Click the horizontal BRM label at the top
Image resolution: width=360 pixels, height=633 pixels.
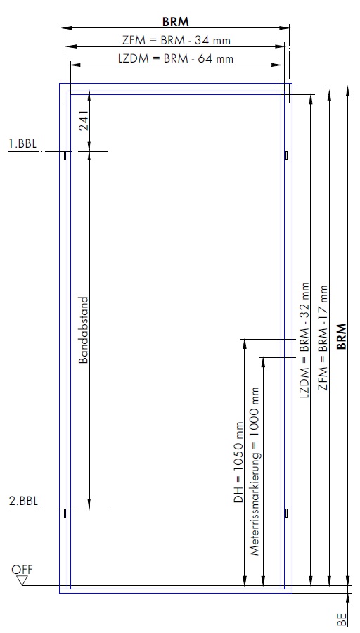point(176,21)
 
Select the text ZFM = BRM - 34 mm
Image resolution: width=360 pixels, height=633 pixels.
point(176,40)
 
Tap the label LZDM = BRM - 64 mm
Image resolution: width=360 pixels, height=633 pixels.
point(176,58)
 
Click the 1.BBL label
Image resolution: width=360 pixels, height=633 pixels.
point(23,143)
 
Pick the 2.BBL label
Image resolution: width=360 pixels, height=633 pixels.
point(23,501)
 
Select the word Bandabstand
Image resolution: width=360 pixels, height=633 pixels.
point(83,331)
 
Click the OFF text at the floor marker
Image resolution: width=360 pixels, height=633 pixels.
point(22,570)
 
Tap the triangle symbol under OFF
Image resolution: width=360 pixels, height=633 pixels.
point(22,580)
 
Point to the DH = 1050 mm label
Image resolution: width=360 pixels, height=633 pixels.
point(238,462)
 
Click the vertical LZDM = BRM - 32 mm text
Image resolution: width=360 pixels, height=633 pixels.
point(304,340)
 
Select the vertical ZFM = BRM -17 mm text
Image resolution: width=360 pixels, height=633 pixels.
point(323,338)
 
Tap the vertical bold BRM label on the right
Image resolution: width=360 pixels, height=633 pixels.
point(342,336)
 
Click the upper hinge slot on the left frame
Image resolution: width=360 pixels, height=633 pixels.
point(65,155)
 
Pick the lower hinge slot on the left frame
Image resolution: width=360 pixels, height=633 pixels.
point(65,513)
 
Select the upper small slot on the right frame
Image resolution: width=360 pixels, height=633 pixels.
point(286,155)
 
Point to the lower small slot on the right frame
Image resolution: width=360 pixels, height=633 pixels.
point(286,513)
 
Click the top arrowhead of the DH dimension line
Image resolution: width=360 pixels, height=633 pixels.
point(244,343)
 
